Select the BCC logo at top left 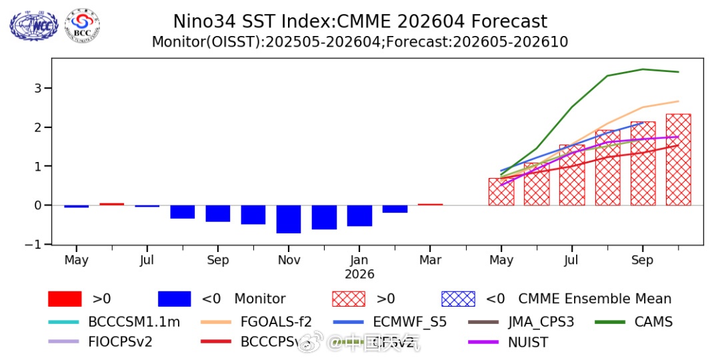click(x=83, y=24)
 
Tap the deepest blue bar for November click(x=289, y=219)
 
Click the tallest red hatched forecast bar click(x=678, y=160)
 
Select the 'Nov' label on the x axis click(x=289, y=260)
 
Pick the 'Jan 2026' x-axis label click(x=359, y=267)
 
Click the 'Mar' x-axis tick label click(x=430, y=260)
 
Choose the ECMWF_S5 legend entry click(x=409, y=322)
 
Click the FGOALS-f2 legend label click(x=276, y=322)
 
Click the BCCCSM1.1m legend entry click(x=134, y=322)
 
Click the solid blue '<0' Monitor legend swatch click(x=175, y=299)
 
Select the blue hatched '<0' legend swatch click(x=459, y=299)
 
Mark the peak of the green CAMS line click(x=643, y=69)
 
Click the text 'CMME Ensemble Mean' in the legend click(x=595, y=299)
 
